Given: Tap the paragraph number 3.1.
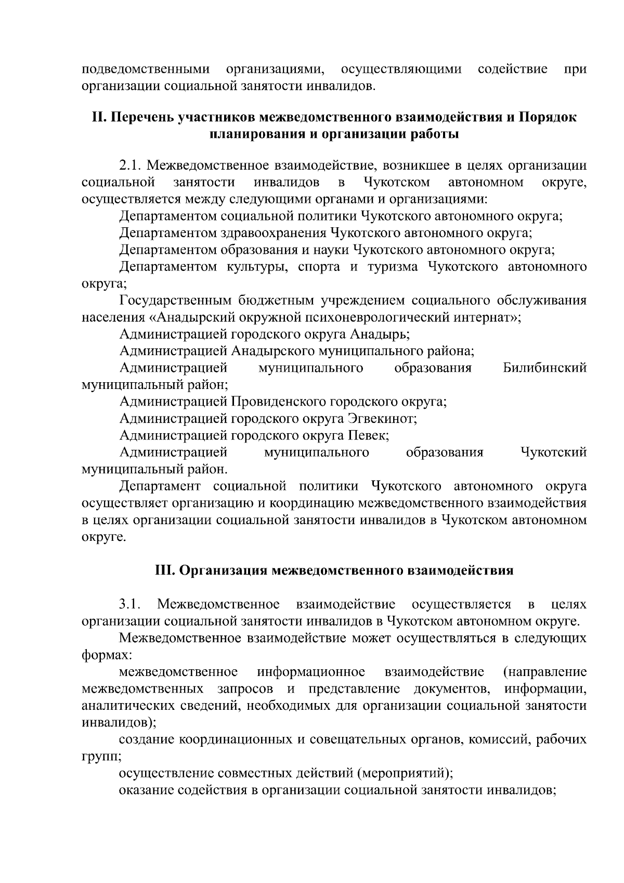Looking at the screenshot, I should pos(130,604).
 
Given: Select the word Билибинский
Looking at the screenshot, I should pos(545,368).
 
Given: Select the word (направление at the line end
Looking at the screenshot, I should pos(545,671).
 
